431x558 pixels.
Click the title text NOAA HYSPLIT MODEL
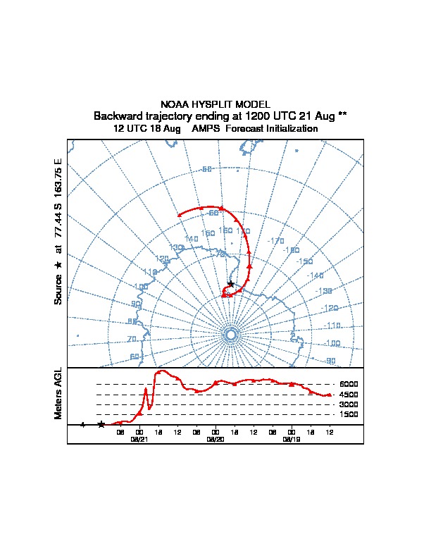(x=216, y=104)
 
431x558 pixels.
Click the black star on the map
(x=231, y=284)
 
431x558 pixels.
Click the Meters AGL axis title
(x=58, y=394)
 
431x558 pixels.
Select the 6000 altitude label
(x=349, y=385)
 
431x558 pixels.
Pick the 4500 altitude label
(x=349, y=395)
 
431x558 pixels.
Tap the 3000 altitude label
(x=349, y=405)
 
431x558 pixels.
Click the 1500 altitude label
(x=349, y=415)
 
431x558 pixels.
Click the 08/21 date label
(x=139, y=439)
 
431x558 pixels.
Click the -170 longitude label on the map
(x=276, y=241)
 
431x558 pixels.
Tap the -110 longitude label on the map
(x=332, y=325)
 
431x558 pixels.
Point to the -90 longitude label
(x=329, y=361)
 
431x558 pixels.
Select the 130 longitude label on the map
(x=176, y=248)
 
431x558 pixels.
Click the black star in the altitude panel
(x=101, y=424)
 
